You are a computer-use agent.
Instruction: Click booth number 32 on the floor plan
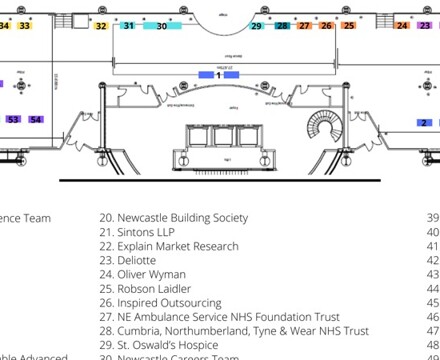(101, 26)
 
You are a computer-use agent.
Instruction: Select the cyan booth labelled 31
(128, 26)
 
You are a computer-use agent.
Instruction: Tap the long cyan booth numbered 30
(162, 26)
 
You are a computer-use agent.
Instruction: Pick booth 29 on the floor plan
(257, 26)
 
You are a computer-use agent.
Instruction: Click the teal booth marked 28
(283, 26)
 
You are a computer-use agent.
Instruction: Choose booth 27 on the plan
(304, 26)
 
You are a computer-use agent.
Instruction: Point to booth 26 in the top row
(326, 26)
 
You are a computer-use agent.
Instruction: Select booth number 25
(348, 26)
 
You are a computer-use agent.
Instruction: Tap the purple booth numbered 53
(13, 119)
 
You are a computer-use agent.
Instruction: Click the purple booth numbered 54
(36, 119)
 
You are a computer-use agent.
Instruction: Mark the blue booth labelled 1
(218, 75)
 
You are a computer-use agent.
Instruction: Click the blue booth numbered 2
(424, 122)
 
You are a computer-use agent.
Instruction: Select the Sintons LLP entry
(141, 231)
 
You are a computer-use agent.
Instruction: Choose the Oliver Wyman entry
(146, 274)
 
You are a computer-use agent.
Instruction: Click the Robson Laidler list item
(149, 288)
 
